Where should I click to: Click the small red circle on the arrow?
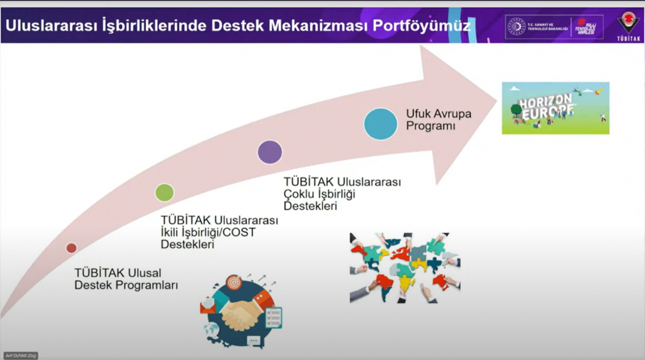click(71, 248)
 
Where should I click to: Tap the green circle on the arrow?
click(165, 192)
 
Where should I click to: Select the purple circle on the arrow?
click(270, 152)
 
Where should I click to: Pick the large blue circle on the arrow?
click(381, 123)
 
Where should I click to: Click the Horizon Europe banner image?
click(555, 108)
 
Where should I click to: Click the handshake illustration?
click(241, 311)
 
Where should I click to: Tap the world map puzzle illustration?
click(405, 267)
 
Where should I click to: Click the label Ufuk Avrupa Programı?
click(438, 120)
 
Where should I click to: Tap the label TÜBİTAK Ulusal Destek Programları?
click(126, 279)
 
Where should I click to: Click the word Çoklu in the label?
click(298, 194)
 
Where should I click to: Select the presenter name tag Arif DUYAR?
click(21, 356)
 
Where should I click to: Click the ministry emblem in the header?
click(517, 26)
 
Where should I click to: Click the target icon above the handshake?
click(234, 282)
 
